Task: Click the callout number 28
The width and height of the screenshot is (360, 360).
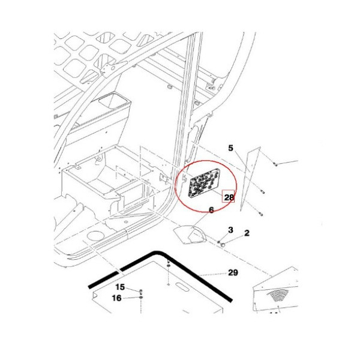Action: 229,197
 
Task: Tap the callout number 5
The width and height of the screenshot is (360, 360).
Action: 230,148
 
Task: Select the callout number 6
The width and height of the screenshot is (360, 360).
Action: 211,210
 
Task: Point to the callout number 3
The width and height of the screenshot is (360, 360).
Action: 230,230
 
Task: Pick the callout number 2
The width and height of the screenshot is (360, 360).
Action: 247,233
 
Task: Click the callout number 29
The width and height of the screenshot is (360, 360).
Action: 233,272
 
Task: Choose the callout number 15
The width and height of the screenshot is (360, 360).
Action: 120,287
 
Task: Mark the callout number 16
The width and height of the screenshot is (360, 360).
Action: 116,298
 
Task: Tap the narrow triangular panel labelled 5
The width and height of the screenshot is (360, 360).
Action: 250,179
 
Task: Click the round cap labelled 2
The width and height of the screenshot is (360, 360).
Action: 222,245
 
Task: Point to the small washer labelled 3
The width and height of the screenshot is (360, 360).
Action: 218,242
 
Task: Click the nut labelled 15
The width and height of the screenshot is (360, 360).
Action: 141,291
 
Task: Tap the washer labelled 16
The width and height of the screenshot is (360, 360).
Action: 141,298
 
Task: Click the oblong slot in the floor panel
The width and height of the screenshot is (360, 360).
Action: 182,287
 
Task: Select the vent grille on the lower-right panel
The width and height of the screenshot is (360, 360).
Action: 278,295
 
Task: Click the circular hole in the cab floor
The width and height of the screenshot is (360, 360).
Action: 95,236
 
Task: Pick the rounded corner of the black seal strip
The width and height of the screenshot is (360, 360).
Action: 157,253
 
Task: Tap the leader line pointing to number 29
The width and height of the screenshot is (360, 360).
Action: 212,274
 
